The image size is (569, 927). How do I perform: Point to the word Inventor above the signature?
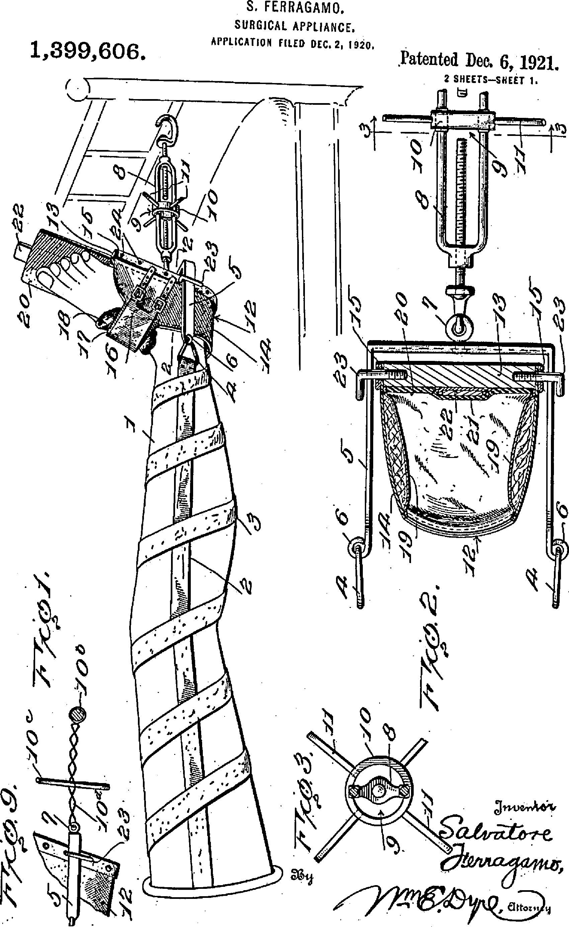pyautogui.click(x=525, y=806)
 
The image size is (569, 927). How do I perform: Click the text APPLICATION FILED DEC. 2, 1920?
pyautogui.click(x=292, y=43)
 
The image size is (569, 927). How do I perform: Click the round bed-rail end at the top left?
pyautogui.click(x=78, y=89)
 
